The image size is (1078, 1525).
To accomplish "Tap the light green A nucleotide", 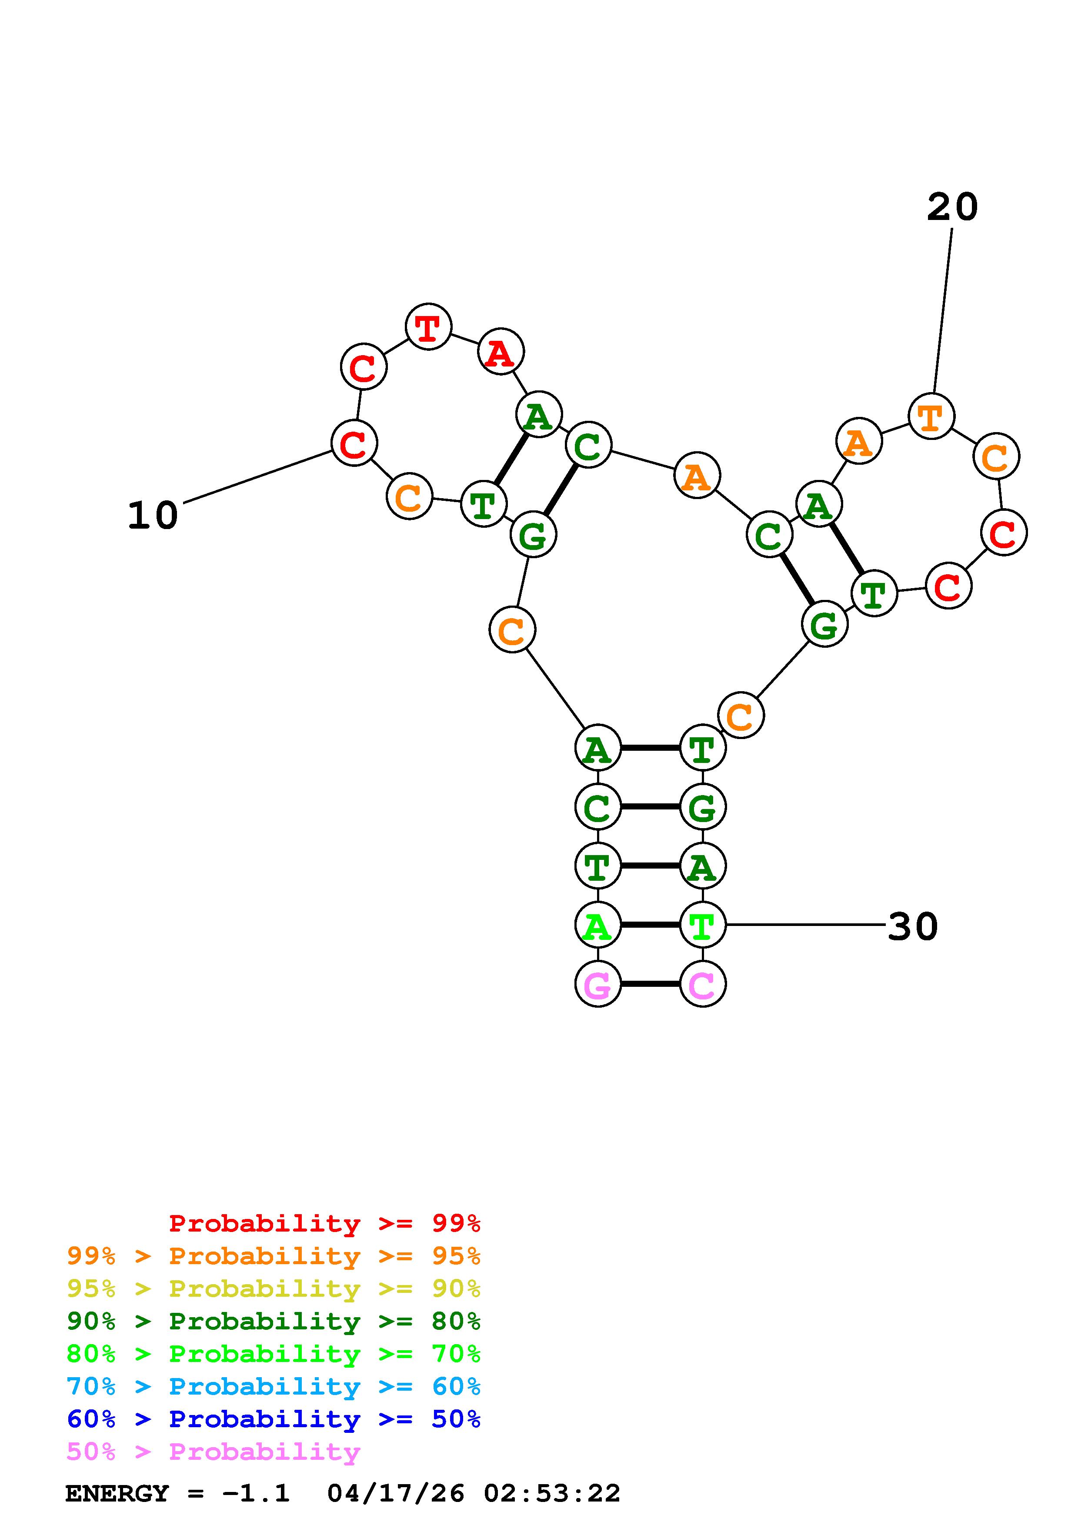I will click(x=597, y=925).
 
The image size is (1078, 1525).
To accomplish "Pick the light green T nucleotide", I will click(x=703, y=925).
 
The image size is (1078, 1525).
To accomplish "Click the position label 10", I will click(x=153, y=516).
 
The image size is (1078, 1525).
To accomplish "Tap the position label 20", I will click(x=952, y=207).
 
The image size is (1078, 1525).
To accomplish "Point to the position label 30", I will click(x=913, y=926).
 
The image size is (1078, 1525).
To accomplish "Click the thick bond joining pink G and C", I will click(x=650, y=984).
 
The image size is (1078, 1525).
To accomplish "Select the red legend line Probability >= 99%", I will click(x=325, y=1223).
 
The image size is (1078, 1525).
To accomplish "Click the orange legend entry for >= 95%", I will click(x=274, y=1256).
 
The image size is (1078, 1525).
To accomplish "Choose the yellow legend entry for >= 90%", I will click(x=274, y=1289).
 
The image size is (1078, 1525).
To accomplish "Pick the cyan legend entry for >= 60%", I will click(x=274, y=1386).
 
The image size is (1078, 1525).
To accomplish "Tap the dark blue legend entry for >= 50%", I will click(x=274, y=1419).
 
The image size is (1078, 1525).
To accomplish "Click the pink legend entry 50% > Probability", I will click(x=213, y=1451).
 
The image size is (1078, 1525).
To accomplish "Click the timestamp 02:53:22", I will click(x=551, y=1493).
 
